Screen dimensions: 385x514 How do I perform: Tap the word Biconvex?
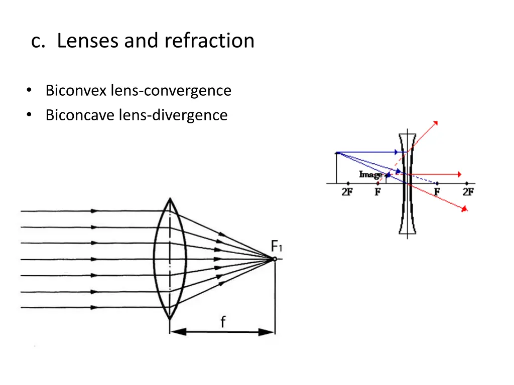(75, 91)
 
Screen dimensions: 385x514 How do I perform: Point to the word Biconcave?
(80, 115)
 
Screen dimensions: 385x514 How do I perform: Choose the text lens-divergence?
(173, 115)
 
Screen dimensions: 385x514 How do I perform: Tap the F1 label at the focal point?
(277, 247)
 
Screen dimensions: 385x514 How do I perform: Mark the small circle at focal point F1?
(274, 259)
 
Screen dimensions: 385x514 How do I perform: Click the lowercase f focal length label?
(222, 322)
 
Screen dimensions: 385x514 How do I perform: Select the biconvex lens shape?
(170, 259)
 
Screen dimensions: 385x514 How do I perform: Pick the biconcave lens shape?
(407, 183)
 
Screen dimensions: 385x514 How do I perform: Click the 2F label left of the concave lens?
(347, 192)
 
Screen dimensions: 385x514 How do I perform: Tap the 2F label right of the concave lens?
(468, 192)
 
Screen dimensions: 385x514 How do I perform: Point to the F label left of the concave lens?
(377, 192)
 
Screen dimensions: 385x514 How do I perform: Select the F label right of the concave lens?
(437, 192)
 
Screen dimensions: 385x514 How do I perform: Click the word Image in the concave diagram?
(370, 174)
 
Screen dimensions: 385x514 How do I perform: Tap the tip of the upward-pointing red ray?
(436, 122)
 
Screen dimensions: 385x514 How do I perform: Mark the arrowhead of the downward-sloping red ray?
(466, 208)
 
